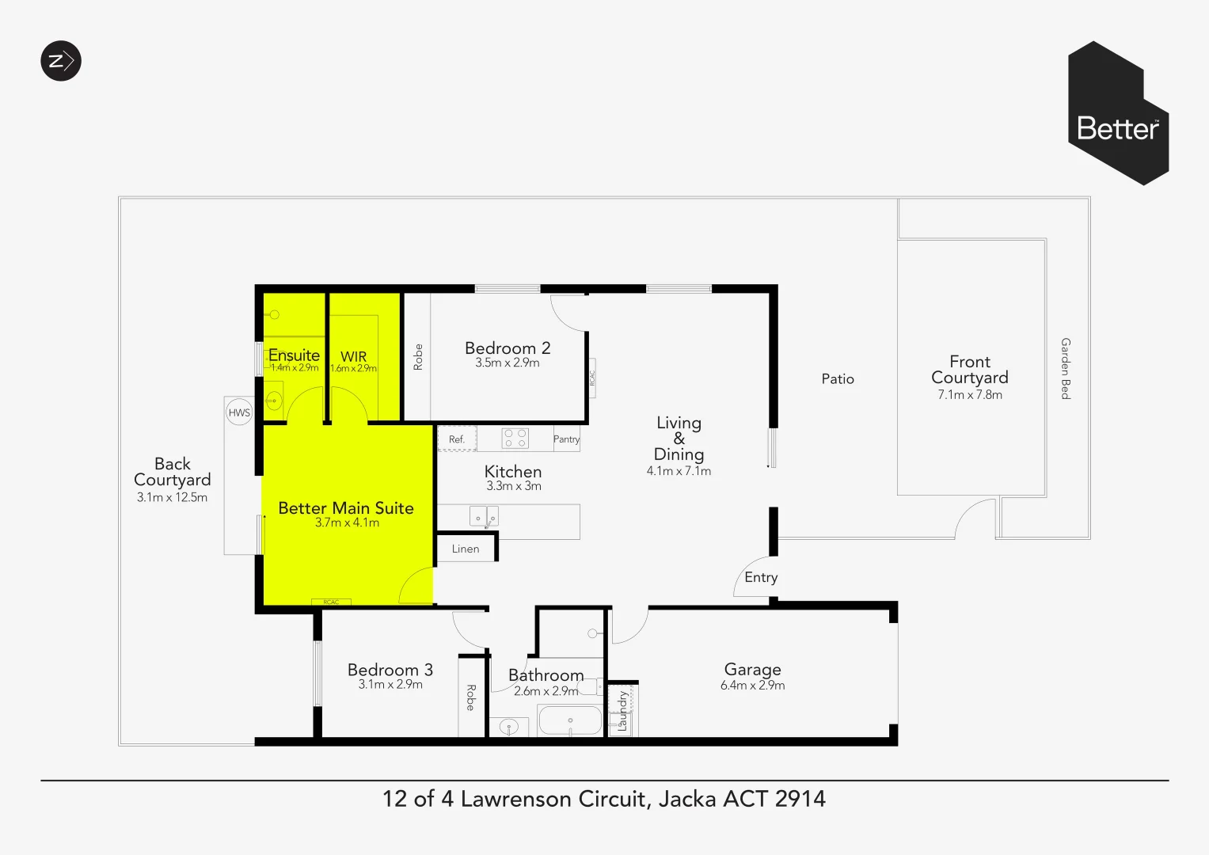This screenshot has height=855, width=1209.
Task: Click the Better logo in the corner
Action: click(x=1118, y=115)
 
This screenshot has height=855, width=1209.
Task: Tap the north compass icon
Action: click(x=61, y=61)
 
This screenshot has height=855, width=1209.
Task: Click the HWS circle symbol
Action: click(x=239, y=412)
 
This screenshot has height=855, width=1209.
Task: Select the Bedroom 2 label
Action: click(x=508, y=348)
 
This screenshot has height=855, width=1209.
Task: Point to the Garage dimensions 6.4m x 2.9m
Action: click(x=752, y=686)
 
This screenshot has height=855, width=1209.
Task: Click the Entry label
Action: click(x=761, y=578)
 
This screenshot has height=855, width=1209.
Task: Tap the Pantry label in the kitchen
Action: click(x=566, y=439)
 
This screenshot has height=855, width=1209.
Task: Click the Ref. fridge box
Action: click(x=457, y=439)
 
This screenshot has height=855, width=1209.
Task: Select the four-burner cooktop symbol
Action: click(x=515, y=439)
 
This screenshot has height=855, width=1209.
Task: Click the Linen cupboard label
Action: click(x=466, y=549)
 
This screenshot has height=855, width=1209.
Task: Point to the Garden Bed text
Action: click(x=1066, y=369)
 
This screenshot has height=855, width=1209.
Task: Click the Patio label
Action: click(x=838, y=379)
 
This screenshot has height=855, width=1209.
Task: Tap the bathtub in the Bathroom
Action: click(x=570, y=721)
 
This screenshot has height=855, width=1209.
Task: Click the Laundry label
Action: click(x=623, y=710)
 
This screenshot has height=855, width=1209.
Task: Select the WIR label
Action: click(x=353, y=356)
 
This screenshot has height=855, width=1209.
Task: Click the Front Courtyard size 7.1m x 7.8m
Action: click(x=970, y=395)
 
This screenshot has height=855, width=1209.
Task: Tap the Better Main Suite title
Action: click(x=346, y=508)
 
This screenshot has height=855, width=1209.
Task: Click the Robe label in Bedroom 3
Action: click(x=470, y=697)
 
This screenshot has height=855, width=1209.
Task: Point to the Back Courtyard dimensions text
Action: click(x=172, y=498)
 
